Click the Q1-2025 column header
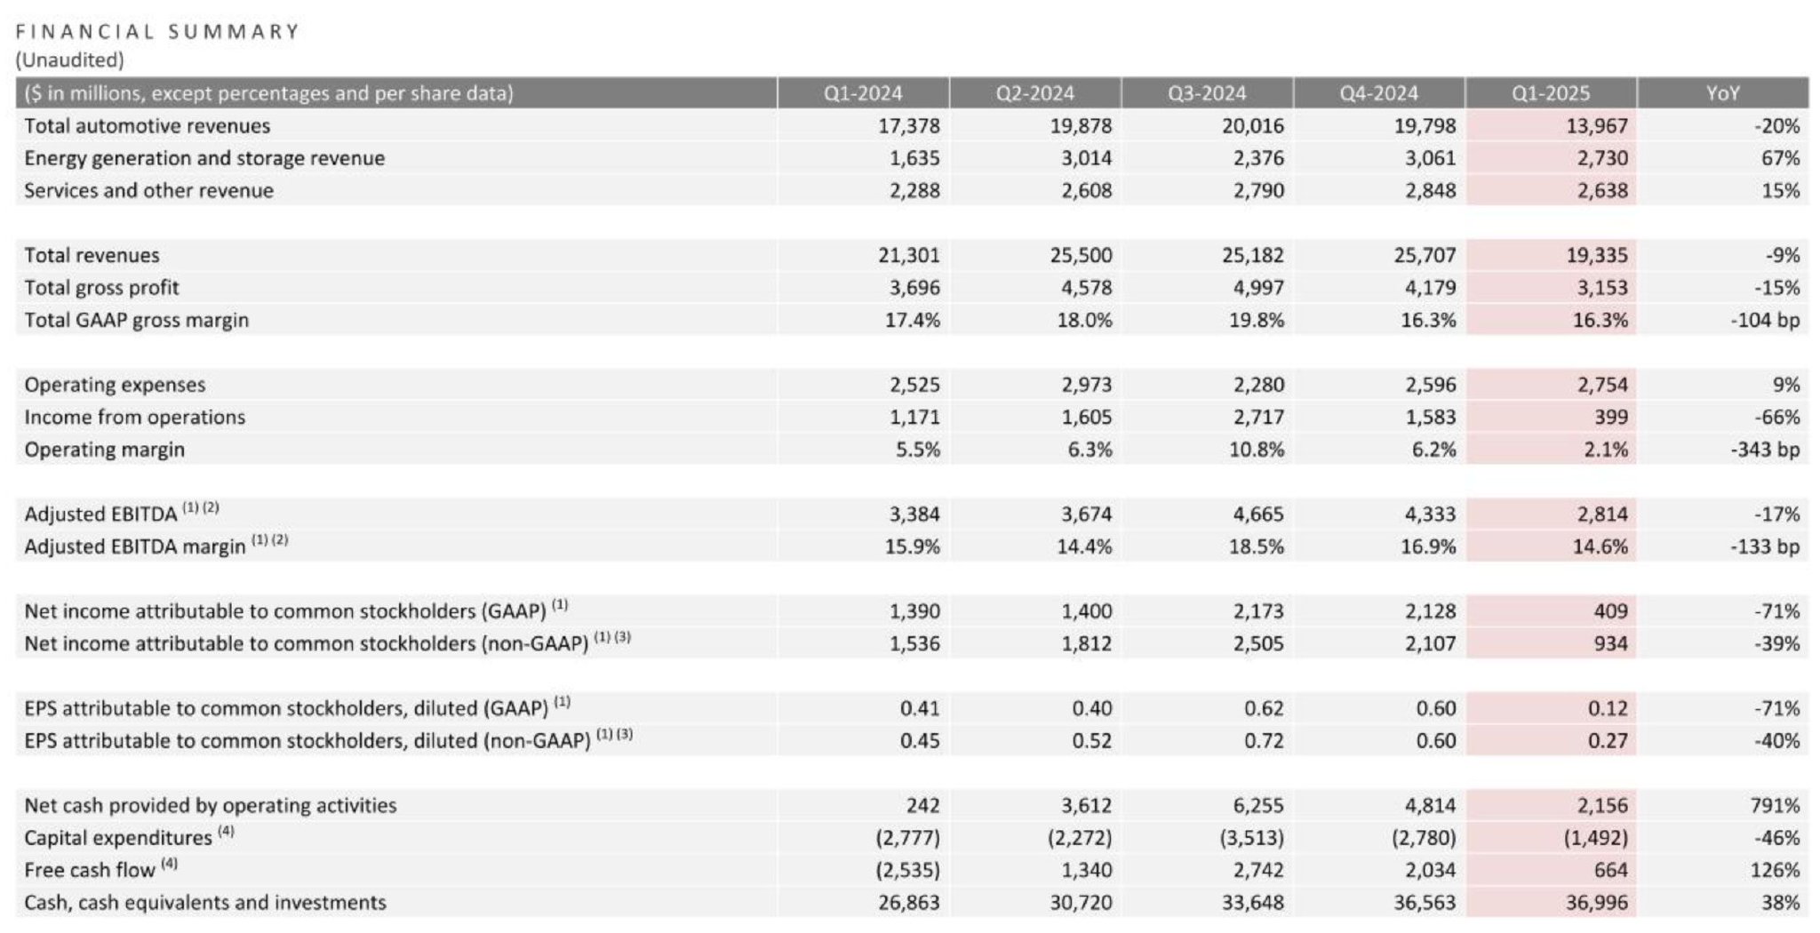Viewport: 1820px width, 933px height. pos(1551,93)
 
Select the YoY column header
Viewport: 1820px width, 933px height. pos(1722,93)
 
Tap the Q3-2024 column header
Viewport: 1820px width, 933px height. pos(1207,93)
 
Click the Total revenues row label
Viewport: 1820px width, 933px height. pos(92,256)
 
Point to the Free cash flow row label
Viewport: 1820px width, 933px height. pos(90,871)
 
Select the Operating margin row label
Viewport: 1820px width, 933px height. pos(104,450)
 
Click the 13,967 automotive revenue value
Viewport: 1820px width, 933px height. pos(1597,126)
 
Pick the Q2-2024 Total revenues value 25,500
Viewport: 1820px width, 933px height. pos(1081,256)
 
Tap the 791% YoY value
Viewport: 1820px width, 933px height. pos(1775,806)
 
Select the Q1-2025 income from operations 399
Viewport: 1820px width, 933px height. pos(1610,418)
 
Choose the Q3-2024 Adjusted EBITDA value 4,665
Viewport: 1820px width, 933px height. pos(1253,514)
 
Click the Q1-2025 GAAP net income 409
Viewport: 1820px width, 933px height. pos(1610,611)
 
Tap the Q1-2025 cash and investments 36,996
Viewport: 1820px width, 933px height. pos(1597,903)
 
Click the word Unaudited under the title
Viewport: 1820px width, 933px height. pos(69,60)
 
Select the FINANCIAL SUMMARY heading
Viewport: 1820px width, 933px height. pos(157,32)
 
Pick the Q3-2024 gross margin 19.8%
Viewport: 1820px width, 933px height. pos(1257,321)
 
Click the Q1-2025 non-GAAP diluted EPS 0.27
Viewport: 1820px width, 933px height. pos(1608,741)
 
